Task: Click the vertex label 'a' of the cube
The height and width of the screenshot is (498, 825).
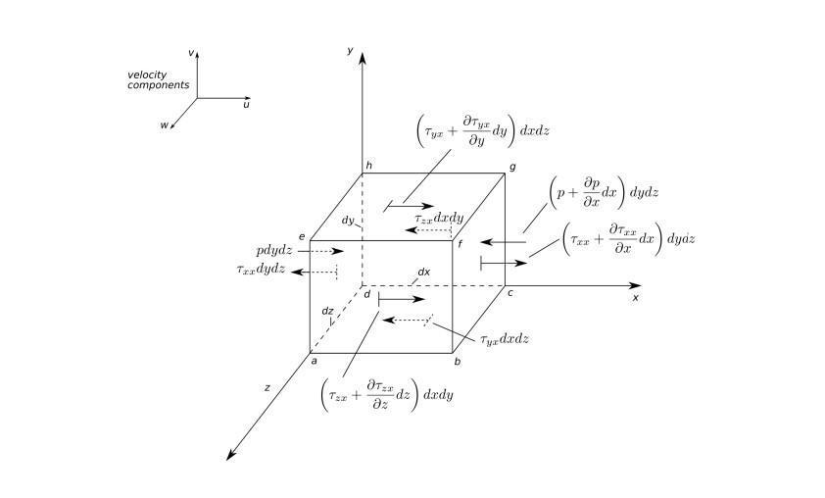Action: [314, 361]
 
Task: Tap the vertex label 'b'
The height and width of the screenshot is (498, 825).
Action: [457, 362]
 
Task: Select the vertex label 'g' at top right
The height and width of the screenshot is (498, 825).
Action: [512, 168]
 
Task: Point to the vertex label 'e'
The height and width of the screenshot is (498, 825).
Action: [302, 236]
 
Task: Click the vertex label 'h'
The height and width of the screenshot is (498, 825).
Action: [368, 167]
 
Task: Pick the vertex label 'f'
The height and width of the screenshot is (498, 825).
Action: [461, 241]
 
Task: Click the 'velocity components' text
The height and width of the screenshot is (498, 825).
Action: [158, 79]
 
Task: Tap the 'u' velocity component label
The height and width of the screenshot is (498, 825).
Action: [246, 104]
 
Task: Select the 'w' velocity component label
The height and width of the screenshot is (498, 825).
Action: [165, 124]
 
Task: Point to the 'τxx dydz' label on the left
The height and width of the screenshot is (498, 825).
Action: [261, 270]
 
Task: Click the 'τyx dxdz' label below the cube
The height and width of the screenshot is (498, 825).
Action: [505, 339]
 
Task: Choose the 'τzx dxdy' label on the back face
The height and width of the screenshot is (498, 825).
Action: [438, 220]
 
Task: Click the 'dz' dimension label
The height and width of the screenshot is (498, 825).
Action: [327, 311]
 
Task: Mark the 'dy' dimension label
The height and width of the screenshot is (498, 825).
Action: [348, 221]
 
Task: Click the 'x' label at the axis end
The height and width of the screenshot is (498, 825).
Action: [635, 297]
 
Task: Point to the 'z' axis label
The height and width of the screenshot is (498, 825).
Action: [267, 388]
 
